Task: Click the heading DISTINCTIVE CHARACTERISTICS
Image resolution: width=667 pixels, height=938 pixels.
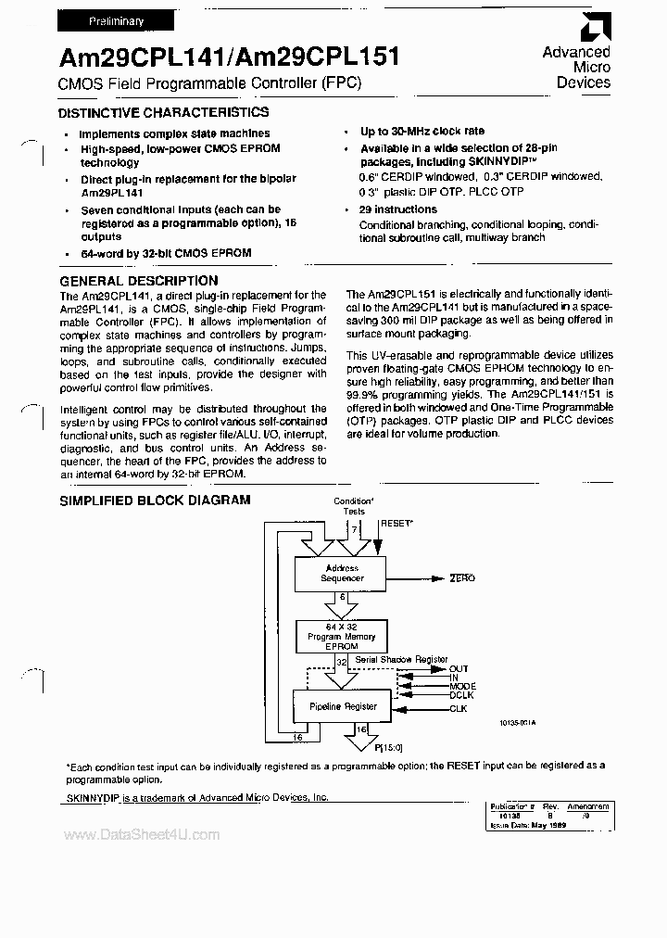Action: [163, 112]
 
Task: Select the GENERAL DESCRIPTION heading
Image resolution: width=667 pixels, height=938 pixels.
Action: [139, 281]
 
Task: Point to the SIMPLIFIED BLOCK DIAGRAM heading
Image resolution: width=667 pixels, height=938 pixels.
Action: [155, 500]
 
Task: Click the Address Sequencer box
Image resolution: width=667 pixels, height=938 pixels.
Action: [342, 573]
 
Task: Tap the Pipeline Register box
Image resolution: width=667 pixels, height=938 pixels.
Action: [342, 706]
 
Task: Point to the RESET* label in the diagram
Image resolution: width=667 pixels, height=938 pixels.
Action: [397, 524]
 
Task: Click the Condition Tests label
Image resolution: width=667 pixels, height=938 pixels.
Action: [354, 505]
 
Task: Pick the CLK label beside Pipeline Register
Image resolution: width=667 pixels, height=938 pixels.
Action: [459, 709]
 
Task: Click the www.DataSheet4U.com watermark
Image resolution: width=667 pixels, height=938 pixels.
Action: [142, 835]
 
